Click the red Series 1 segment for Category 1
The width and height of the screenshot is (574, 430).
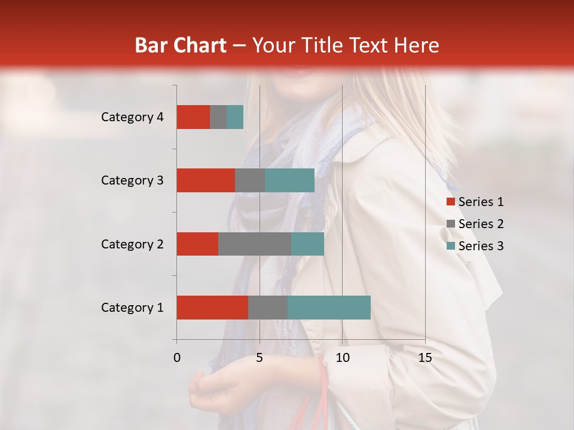[212, 308]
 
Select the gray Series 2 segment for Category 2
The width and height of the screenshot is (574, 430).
[255, 244]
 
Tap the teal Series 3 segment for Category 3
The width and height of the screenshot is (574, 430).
[289, 180]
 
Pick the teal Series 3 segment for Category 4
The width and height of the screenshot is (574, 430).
[235, 117]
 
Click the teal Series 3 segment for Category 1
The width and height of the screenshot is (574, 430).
[329, 308]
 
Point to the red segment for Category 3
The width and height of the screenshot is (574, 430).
[206, 180]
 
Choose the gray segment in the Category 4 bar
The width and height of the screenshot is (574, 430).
[218, 117]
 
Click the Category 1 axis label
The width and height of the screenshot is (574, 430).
[132, 308]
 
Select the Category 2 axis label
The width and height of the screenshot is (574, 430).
[132, 244]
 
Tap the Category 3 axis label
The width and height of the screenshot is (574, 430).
[132, 180]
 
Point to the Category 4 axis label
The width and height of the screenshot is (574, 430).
[132, 117]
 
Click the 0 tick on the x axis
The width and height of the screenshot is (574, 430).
[177, 358]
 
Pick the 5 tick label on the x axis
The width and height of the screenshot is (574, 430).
[259, 358]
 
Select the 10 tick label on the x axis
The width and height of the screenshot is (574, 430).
[342, 358]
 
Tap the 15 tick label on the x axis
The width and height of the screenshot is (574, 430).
[425, 358]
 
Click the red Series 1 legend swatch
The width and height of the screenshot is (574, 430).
[450, 202]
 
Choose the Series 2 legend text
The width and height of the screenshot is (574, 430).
[481, 224]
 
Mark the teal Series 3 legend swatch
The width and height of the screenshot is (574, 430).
[450, 246]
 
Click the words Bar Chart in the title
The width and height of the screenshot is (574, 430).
[181, 45]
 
